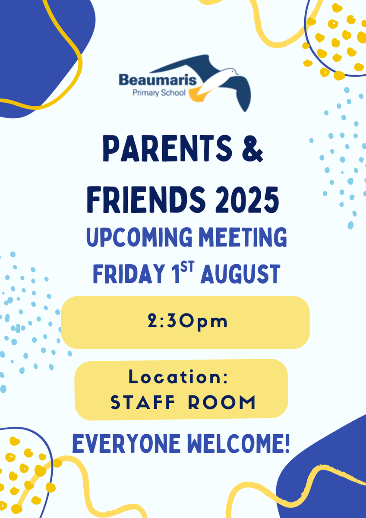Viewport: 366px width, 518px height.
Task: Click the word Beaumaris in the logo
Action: click(x=158, y=80)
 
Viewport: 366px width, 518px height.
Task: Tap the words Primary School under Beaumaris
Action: click(x=159, y=93)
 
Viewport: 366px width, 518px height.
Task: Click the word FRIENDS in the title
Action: click(x=146, y=199)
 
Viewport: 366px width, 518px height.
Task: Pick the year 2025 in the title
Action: click(x=247, y=199)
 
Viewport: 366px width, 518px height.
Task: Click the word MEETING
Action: click(x=243, y=237)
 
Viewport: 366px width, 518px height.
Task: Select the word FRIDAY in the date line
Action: click(x=129, y=274)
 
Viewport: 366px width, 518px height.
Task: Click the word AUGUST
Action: click(x=240, y=274)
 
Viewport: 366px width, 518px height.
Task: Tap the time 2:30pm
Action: click(x=187, y=322)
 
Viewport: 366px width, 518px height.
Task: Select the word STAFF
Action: click(x=143, y=403)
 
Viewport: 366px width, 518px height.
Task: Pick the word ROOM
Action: click(x=221, y=403)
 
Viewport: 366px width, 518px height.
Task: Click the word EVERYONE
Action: click(x=126, y=444)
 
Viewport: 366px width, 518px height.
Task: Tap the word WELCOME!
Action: click(x=238, y=444)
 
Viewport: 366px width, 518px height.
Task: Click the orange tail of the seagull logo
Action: click(x=198, y=95)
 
